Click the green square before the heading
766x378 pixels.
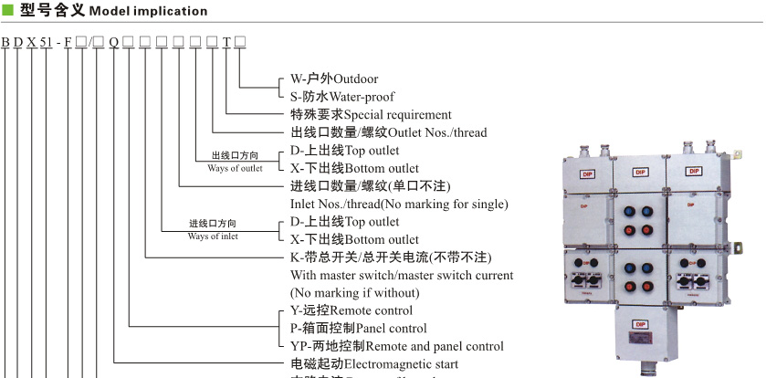[x=6, y=11]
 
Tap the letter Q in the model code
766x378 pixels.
[x=114, y=42]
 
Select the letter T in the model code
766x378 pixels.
[x=227, y=42]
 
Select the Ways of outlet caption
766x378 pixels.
[x=235, y=168]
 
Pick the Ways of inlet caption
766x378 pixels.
[x=213, y=236]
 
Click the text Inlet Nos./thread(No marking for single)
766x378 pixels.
[x=399, y=204]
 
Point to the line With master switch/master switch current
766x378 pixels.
[x=402, y=275]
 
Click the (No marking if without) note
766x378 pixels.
[x=355, y=293]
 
